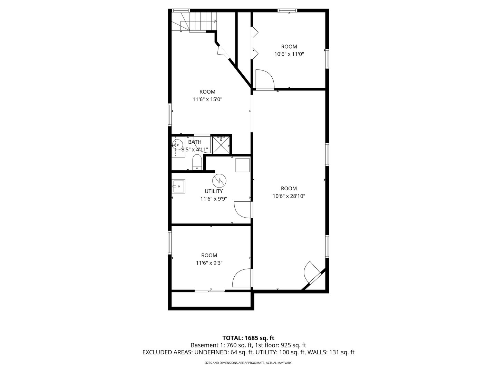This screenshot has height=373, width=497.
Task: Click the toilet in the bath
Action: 197,162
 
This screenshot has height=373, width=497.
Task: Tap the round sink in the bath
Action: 177,145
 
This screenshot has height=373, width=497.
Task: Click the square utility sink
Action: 179,186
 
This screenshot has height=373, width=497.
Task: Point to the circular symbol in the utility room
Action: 219,180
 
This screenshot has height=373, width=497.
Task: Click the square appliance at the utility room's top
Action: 243,165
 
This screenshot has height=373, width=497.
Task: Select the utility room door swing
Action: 243,209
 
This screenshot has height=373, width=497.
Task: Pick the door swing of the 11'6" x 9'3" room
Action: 242,278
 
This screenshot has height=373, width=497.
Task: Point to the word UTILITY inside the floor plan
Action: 214,191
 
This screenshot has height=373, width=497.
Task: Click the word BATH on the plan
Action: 195,142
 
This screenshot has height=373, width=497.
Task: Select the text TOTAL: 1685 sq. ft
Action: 248,338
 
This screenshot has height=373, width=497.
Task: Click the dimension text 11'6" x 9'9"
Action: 214,199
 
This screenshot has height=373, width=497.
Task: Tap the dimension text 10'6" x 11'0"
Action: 289,54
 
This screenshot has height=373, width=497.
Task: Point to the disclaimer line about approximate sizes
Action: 248,363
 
